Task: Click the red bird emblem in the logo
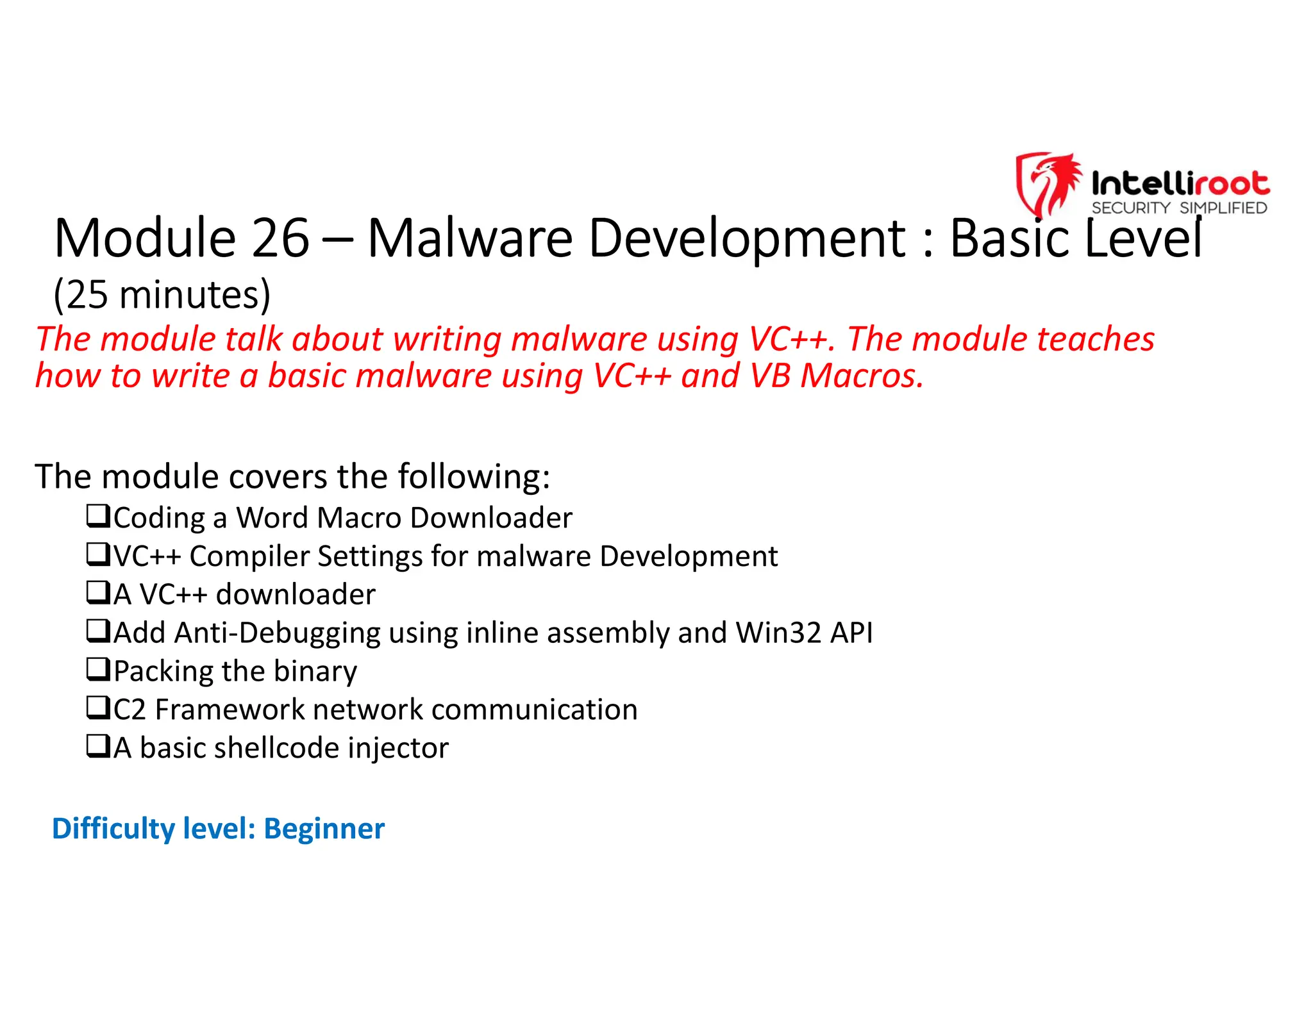coord(1048,183)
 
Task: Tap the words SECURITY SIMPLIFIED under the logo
coord(1179,208)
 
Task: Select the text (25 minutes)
coord(162,295)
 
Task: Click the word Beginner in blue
coord(324,829)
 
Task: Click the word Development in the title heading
coord(748,238)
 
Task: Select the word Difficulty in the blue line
coord(113,829)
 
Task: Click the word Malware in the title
coord(470,238)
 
